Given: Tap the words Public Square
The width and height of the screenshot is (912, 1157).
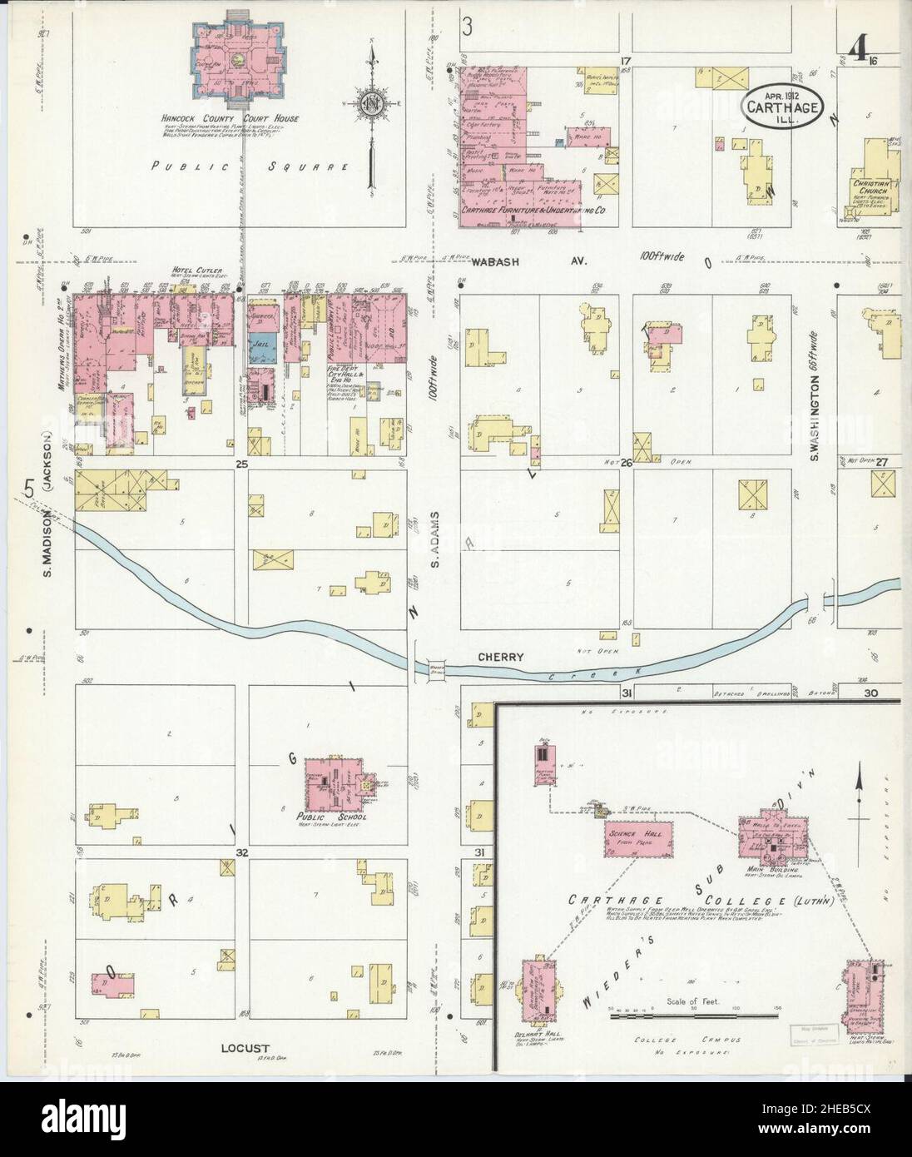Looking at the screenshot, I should click(239, 166).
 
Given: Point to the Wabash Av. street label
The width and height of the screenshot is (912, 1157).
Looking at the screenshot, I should click(529, 261).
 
